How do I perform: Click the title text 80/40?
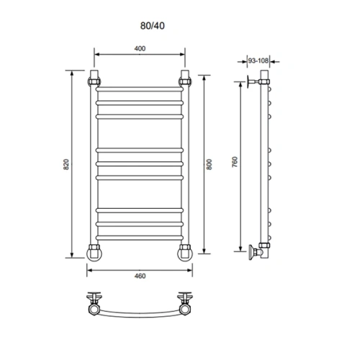click(153, 26)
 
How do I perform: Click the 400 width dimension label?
click(140, 48)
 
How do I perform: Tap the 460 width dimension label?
click(140, 276)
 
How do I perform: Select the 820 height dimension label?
click(66, 164)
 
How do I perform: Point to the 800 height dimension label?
click(210, 164)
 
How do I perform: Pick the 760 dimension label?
click(235, 162)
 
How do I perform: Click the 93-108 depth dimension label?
click(258, 60)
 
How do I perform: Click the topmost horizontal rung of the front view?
click(140, 89)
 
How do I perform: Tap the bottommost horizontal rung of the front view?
click(140, 238)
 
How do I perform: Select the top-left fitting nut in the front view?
click(94, 81)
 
